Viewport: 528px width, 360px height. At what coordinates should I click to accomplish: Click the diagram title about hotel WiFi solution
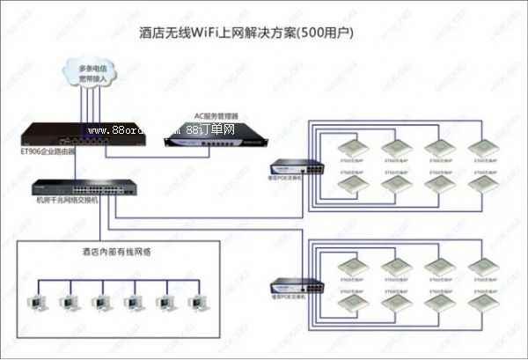[x=265, y=33]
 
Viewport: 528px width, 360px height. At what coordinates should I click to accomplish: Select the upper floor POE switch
[x=288, y=166]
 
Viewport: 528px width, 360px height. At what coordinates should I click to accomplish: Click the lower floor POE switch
[x=288, y=285]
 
